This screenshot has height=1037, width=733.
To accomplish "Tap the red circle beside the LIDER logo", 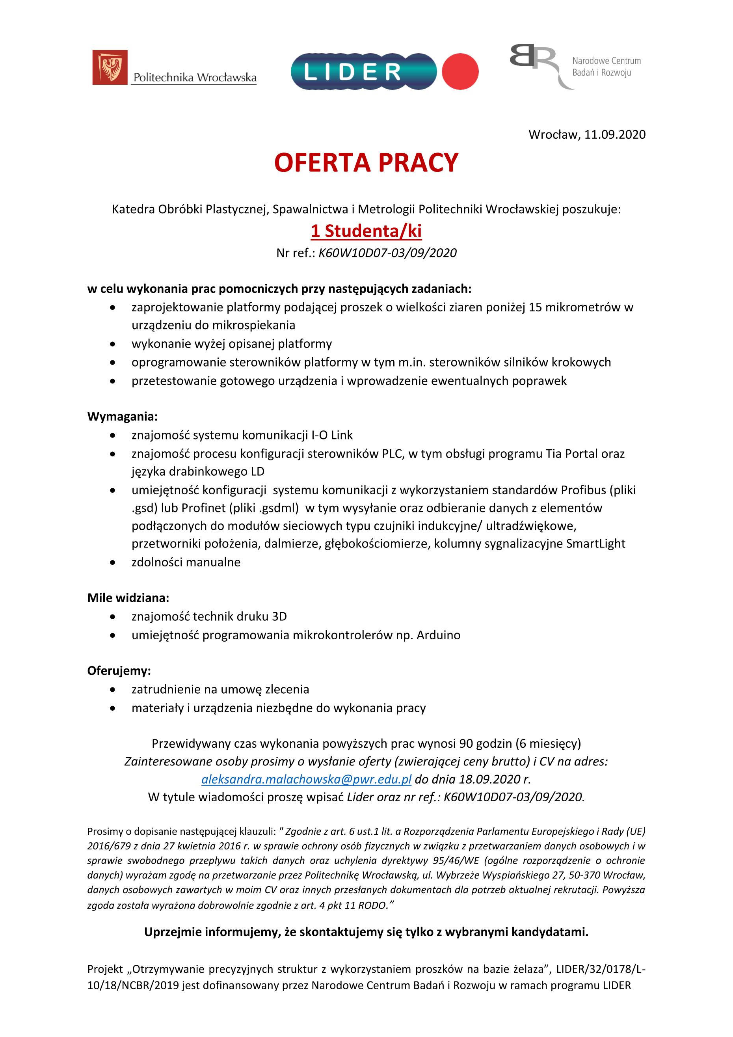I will tap(460, 71).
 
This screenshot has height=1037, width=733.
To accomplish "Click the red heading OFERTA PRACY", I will tap(366, 163).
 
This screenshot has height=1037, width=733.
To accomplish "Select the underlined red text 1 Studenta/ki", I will tap(366, 231).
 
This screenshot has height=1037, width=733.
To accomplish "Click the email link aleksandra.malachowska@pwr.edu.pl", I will tap(306, 779).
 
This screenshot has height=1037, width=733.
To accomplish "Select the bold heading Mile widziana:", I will tap(128, 598).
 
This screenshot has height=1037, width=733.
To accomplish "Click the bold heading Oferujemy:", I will tap(119, 671).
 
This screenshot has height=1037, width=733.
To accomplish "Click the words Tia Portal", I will tap(571, 453).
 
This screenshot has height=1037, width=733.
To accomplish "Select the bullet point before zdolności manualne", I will tap(112, 563).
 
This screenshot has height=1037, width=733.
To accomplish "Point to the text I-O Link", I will tap(332, 435).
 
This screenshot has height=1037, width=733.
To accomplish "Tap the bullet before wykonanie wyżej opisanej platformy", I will tap(112, 344).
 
